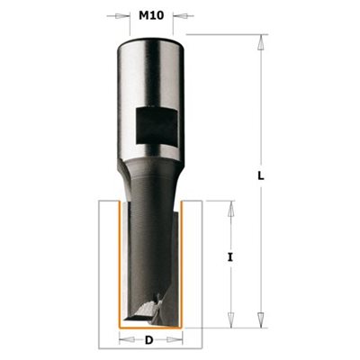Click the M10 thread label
151,15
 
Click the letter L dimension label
261,176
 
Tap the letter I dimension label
230,257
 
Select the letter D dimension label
148,340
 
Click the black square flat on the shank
156,126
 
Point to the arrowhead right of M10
180,15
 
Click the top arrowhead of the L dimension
261,42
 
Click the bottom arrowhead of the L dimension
261,319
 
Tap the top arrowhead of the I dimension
230,209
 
